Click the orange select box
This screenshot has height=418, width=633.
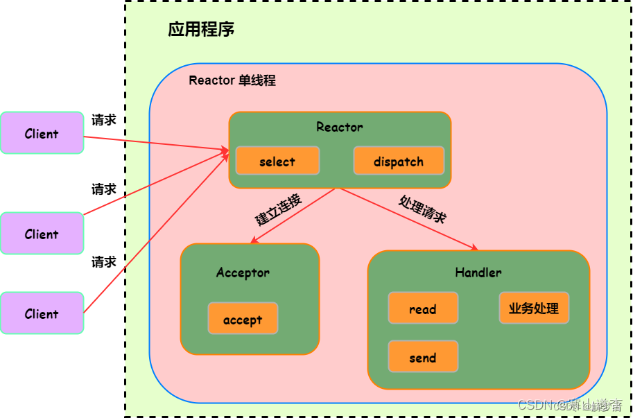point(277,162)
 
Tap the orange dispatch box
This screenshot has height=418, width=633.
point(399,162)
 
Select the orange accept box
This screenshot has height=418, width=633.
point(243,319)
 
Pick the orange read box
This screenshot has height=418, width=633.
point(423,308)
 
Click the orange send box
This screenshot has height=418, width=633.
point(423,357)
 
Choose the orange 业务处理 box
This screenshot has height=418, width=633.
point(534,308)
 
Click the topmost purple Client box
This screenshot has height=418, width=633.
point(42,133)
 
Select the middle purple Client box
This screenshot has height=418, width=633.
point(42,234)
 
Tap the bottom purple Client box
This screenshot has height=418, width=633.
point(42,313)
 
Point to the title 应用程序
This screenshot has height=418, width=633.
point(201,29)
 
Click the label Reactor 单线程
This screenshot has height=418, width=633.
point(232,80)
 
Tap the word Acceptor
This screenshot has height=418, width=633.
point(243,272)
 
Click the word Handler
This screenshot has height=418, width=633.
point(478,272)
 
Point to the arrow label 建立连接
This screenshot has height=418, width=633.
point(279,210)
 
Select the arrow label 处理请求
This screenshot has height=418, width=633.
point(422,209)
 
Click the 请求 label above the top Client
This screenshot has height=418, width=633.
point(104,120)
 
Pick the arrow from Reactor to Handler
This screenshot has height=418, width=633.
point(409,219)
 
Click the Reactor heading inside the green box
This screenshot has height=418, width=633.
point(340,127)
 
